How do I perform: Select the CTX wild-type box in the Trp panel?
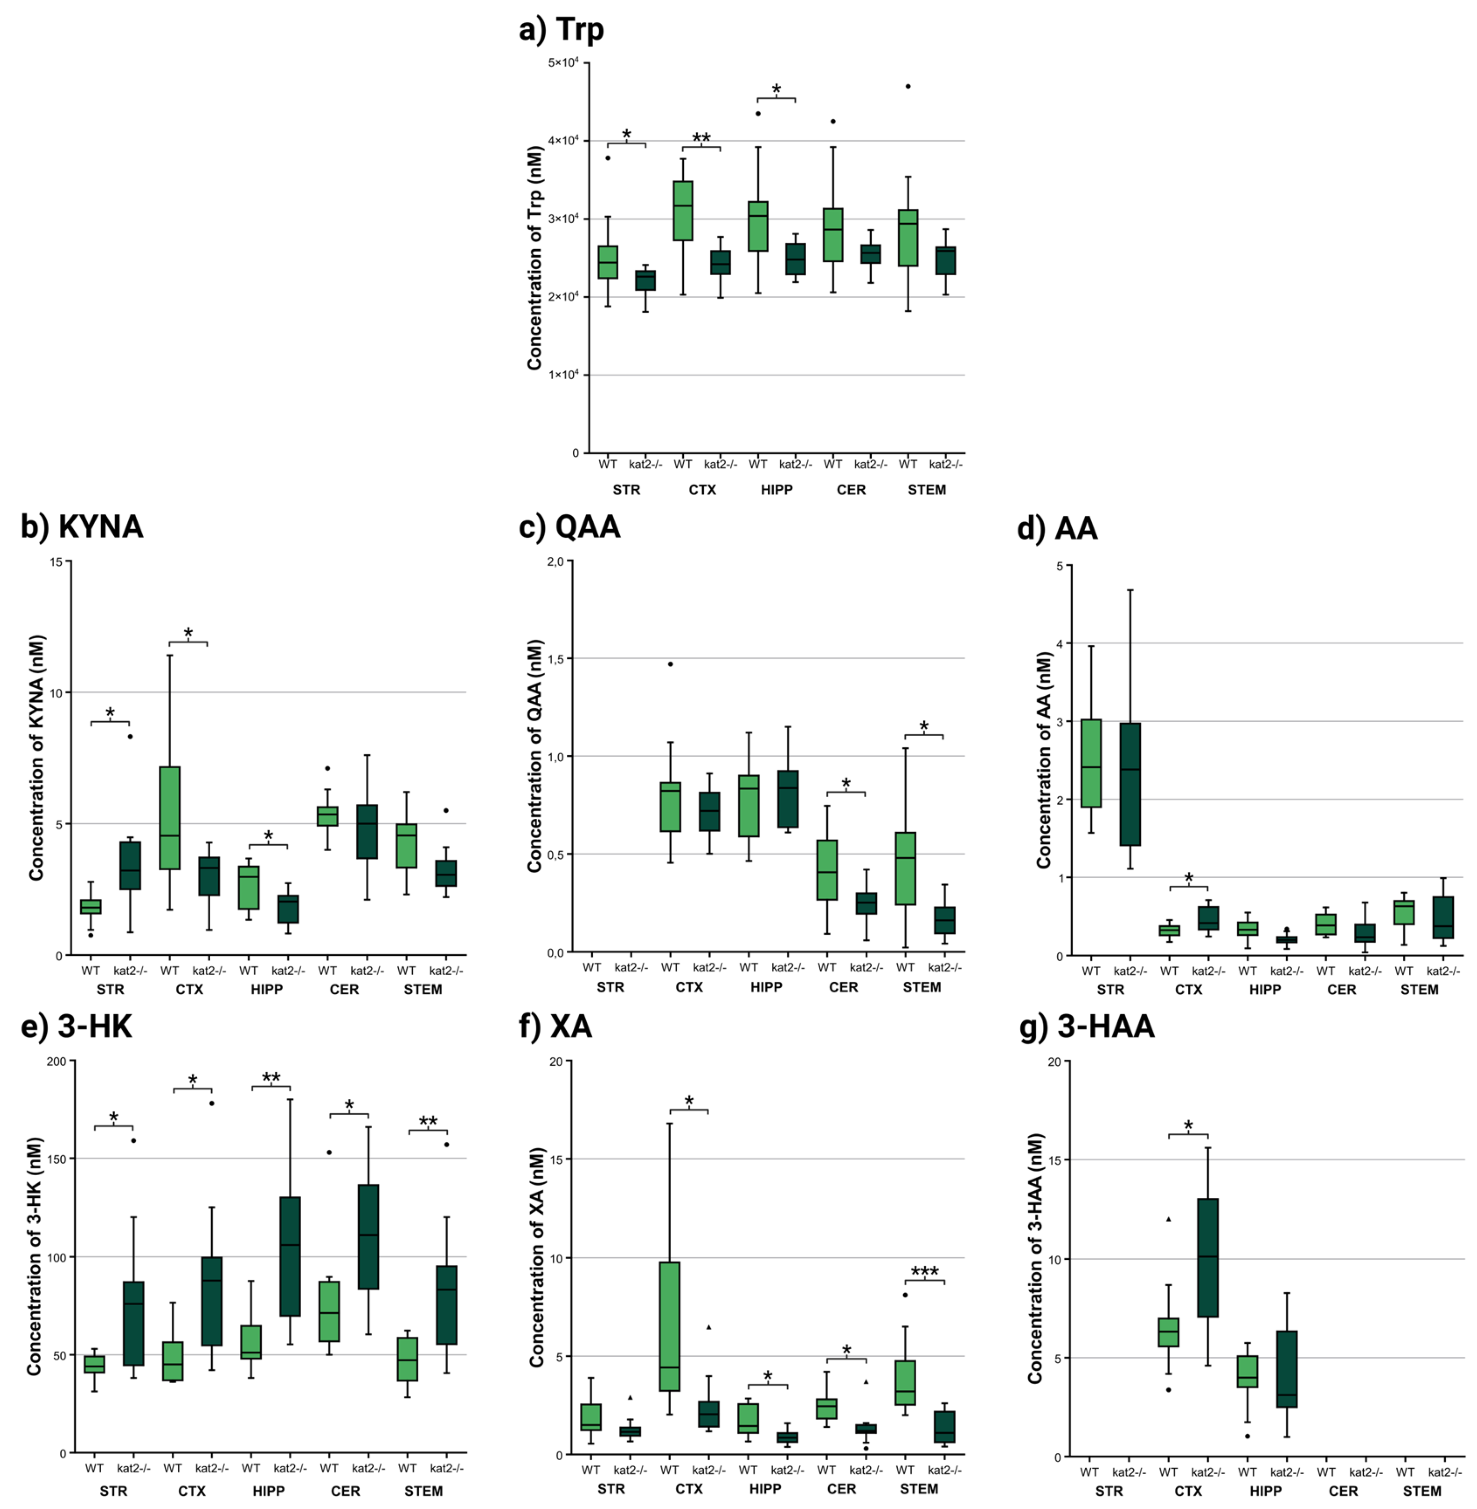pyautogui.click(x=683, y=211)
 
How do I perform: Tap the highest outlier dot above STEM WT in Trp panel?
pyautogui.click(x=908, y=86)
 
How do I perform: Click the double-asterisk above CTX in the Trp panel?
pyautogui.click(x=701, y=139)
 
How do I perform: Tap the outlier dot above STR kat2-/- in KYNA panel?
pyautogui.click(x=130, y=736)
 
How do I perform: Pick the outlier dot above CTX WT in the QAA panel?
pyautogui.click(x=670, y=664)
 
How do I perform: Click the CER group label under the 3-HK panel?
pyautogui.click(x=345, y=1491)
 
